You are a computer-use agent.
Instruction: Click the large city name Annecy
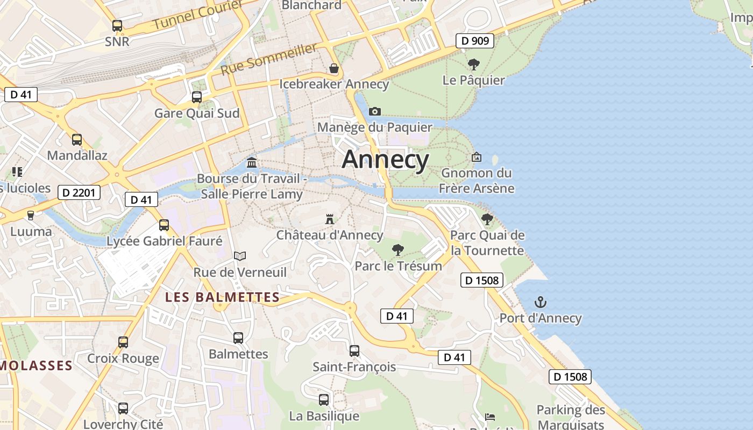[386, 160]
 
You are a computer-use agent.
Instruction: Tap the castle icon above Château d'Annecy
[330, 219]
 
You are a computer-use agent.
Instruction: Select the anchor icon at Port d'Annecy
[540, 302]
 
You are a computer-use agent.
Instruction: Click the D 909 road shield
[474, 40]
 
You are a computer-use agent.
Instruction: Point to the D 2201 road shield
[79, 192]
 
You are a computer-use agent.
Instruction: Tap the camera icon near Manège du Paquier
[375, 112]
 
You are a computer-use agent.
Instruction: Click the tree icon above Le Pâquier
[473, 65]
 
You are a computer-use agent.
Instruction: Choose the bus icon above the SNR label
[117, 25]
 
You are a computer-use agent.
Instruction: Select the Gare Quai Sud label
[197, 113]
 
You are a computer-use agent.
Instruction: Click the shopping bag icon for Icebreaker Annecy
[334, 68]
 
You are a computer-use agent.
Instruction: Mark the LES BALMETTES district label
[222, 297]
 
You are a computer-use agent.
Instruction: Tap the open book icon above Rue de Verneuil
[240, 256]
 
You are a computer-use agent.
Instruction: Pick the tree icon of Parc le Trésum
[398, 249]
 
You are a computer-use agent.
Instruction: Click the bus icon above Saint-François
[354, 351]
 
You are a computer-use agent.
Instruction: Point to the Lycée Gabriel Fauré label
[165, 241]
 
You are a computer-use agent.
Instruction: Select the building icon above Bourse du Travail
[251, 162]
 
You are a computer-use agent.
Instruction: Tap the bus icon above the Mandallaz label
[77, 140]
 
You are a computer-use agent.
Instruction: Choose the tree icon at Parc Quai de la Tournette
[487, 219]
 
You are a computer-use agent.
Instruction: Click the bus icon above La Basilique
[323, 400]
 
